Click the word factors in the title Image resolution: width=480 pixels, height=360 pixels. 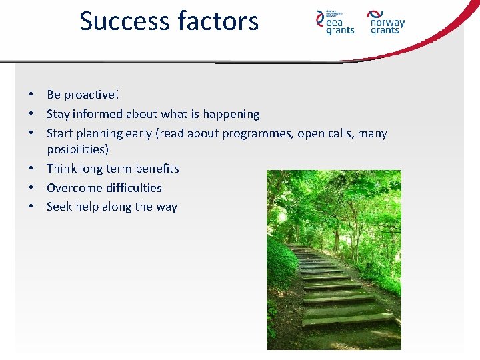[x=217, y=21]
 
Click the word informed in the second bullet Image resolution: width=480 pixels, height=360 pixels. [x=99, y=114]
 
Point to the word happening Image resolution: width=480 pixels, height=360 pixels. [x=231, y=114]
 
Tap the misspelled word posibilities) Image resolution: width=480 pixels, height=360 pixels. [x=77, y=149]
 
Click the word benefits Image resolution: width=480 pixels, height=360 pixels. [x=157, y=169]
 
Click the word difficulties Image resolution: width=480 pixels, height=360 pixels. [x=133, y=188]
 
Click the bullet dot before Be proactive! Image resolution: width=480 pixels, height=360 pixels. [x=31, y=95]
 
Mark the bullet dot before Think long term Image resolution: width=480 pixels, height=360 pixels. [x=31, y=169]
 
